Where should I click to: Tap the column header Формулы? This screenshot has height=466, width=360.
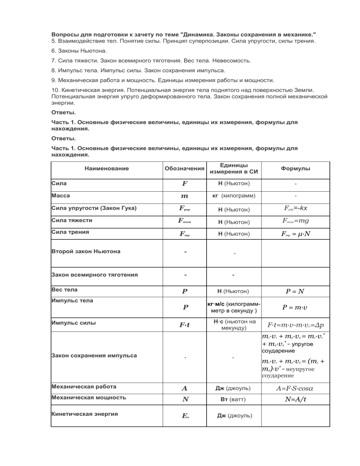(x=295, y=168)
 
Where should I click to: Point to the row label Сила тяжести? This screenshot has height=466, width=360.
(x=72, y=219)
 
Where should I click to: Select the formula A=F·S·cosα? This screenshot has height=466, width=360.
(x=295, y=388)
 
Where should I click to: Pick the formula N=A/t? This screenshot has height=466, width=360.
(x=295, y=399)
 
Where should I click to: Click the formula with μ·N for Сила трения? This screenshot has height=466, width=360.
(x=295, y=233)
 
